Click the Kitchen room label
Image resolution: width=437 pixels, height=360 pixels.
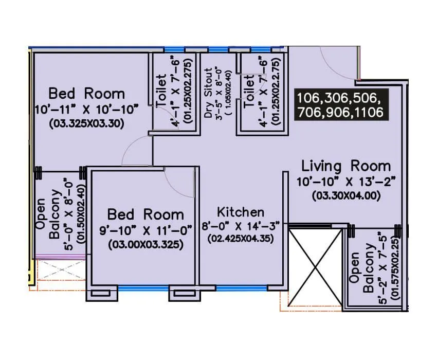point(241,212)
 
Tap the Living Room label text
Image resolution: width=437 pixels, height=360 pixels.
point(346,166)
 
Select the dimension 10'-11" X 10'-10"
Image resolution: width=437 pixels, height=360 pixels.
point(87,110)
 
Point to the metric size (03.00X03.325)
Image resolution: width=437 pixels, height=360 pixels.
point(146,245)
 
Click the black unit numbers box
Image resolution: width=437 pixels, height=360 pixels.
point(341,104)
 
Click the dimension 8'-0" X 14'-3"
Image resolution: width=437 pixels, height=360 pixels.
point(241,226)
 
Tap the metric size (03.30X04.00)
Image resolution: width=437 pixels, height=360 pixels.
point(346,195)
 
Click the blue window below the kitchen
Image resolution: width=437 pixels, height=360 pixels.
point(242,288)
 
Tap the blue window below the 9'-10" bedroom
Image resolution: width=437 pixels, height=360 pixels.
point(143,289)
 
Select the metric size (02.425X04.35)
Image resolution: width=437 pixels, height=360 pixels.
point(241,239)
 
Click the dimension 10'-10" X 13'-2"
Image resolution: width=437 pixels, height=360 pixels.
point(346,182)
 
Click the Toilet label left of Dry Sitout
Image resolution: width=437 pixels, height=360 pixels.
point(161,91)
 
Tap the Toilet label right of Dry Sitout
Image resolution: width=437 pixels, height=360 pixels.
point(249,91)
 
